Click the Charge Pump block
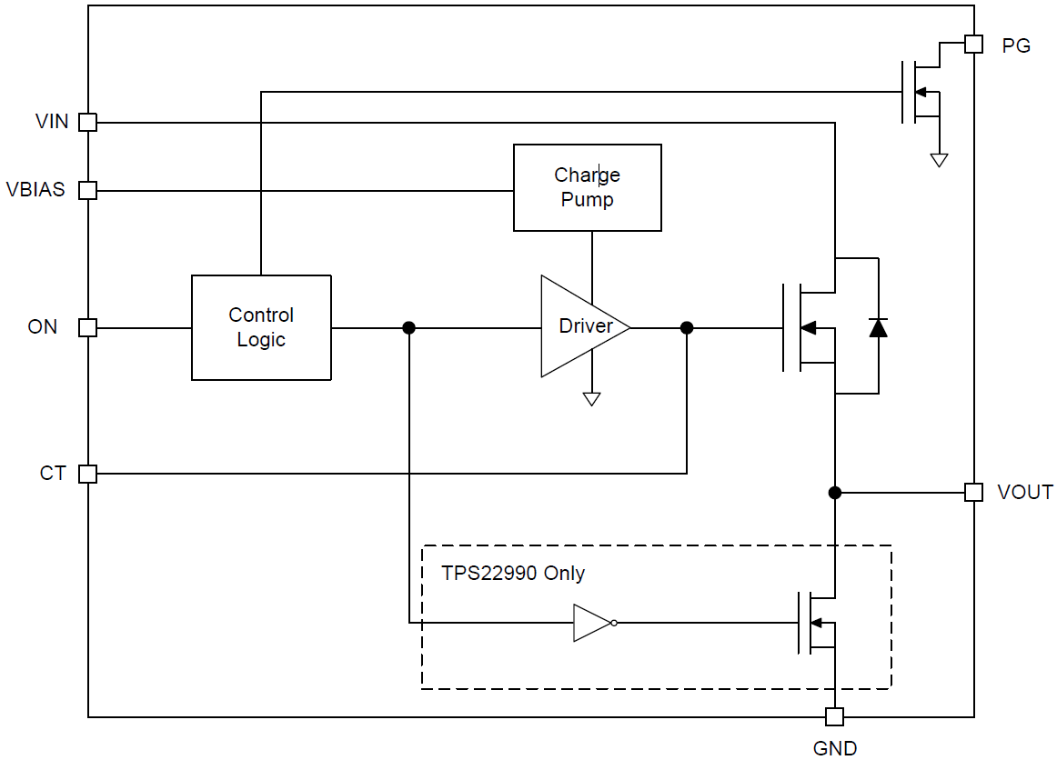(x=587, y=187)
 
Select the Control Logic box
(x=261, y=327)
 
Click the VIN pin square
(x=87, y=122)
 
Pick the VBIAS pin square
(x=87, y=190)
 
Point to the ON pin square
(x=87, y=327)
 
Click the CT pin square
(x=87, y=474)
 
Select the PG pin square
(x=973, y=44)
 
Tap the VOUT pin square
(x=973, y=492)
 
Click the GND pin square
(x=834, y=717)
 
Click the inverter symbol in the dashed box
(x=594, y=623)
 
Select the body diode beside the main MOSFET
(x=878, y=327)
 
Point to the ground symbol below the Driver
(x=591, y=398)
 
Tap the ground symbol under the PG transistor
(x=939, y=160)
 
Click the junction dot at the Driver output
(x=687, y=327)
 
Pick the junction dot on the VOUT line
(x=834, y=492)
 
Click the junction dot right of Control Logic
(x=409, y=327)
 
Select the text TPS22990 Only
(x=513, y=574)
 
